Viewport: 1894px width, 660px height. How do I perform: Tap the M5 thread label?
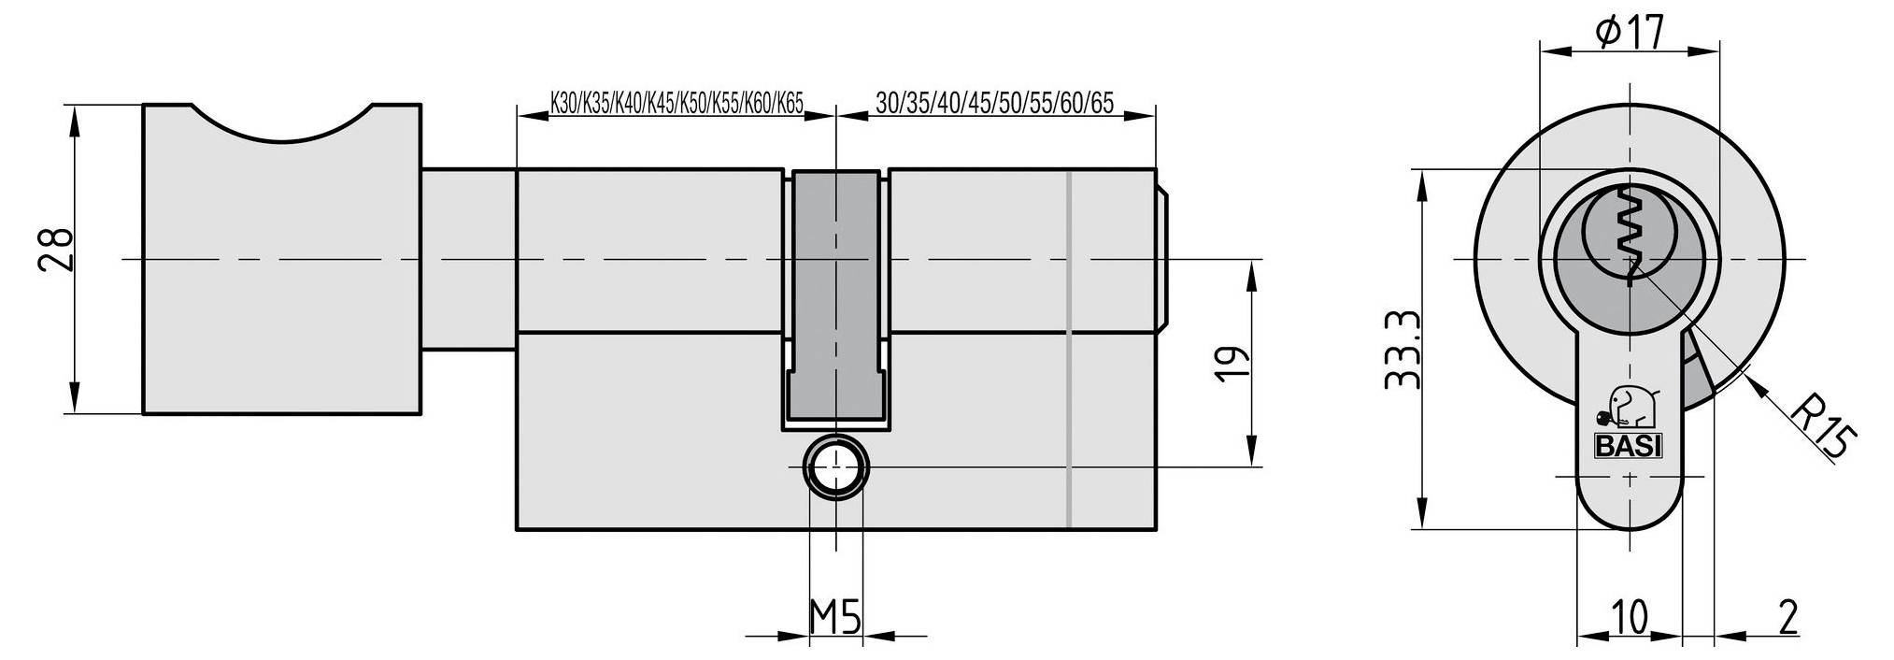[833, 617]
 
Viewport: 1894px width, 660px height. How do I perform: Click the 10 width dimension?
[1630, 618]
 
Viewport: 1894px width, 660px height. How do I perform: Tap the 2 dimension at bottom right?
[1788, 618]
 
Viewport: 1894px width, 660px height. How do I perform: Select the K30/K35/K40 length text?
[676, 103]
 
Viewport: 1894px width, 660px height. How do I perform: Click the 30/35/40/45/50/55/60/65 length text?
[995, 103]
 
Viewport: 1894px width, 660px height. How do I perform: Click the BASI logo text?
[1628, 447]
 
